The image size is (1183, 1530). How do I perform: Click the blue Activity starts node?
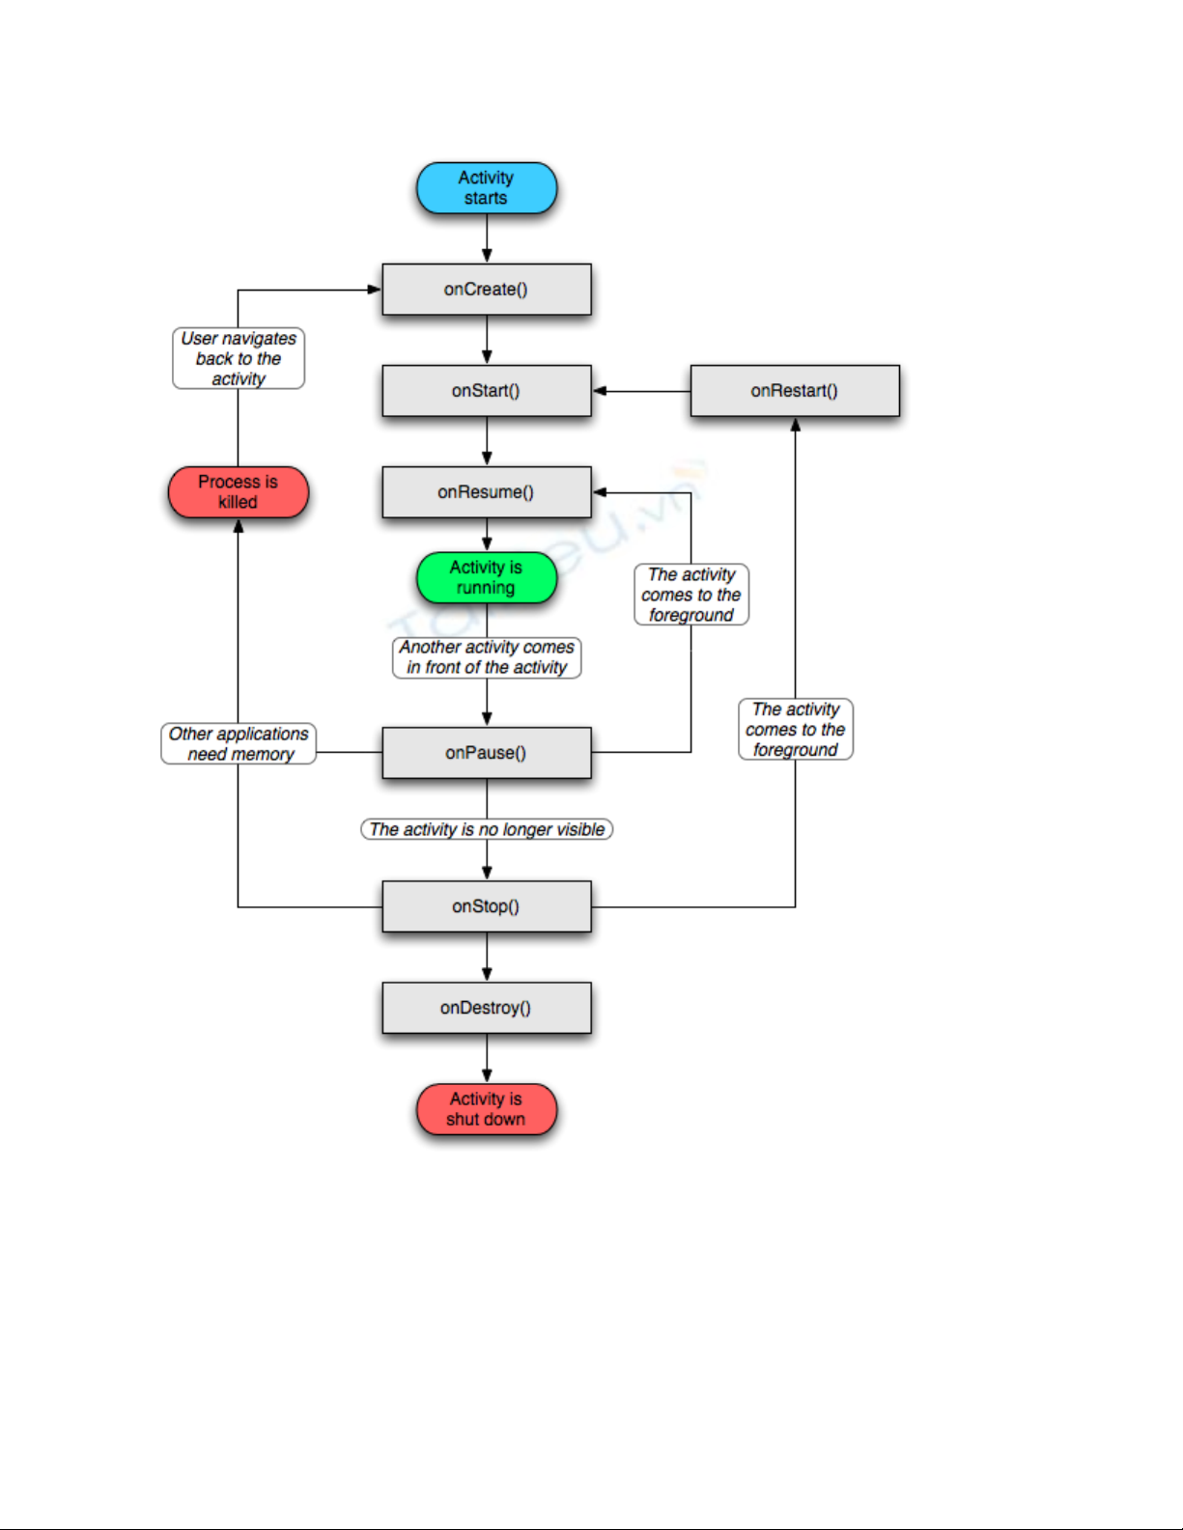point(486,188)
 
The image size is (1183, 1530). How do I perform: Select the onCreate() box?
point(486,290)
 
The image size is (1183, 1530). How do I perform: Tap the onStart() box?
point(486,391)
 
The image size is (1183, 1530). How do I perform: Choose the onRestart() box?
point(794,391)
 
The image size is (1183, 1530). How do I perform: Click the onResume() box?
point(486,492)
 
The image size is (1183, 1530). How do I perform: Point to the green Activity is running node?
point(486,577)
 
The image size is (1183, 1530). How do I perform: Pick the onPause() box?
point(486,753)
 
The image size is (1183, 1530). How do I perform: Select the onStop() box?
point(486,906)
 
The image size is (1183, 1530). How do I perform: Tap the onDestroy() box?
point(486,1008)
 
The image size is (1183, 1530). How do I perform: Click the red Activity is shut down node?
point(486,1109)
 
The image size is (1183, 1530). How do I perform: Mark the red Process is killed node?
point(238,492)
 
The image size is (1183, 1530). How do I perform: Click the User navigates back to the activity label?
point(239,358)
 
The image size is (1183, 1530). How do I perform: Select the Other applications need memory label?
point(239,743)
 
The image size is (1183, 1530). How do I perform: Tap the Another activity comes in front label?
point(487,657)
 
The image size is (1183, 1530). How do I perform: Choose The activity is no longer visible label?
point(487,829)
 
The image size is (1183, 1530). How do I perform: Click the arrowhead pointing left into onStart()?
point(600,391)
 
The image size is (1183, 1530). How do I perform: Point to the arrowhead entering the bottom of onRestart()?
point(795,425)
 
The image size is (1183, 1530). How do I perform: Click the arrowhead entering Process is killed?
point(238,526)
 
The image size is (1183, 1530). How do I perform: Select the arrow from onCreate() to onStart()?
point(487,340)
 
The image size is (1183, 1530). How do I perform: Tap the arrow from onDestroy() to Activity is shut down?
point(487,1058)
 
